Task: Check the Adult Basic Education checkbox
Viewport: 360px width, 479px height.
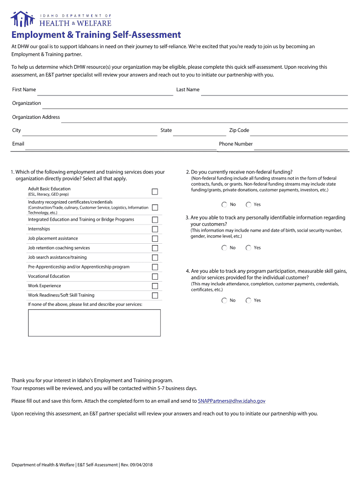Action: click(155, 191)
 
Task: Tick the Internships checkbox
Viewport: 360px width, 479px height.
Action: click(155, 229)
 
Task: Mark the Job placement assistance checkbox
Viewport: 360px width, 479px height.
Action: click(155, 239)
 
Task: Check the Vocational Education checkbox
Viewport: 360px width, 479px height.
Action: click(155, 276)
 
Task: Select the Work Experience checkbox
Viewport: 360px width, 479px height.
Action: click(155, 286)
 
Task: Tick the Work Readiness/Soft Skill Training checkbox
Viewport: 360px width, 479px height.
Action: click(155, 295)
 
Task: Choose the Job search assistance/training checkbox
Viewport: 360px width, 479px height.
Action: click(155, 257)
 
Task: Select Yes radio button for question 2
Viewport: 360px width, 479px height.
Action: click(249, 204)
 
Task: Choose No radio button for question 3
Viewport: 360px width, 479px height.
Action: click(224, 248)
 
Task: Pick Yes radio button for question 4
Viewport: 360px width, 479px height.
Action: click(249, 300)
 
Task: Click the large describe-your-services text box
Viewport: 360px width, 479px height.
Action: click(94, 322)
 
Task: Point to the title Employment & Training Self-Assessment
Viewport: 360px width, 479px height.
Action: click(96, 35)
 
